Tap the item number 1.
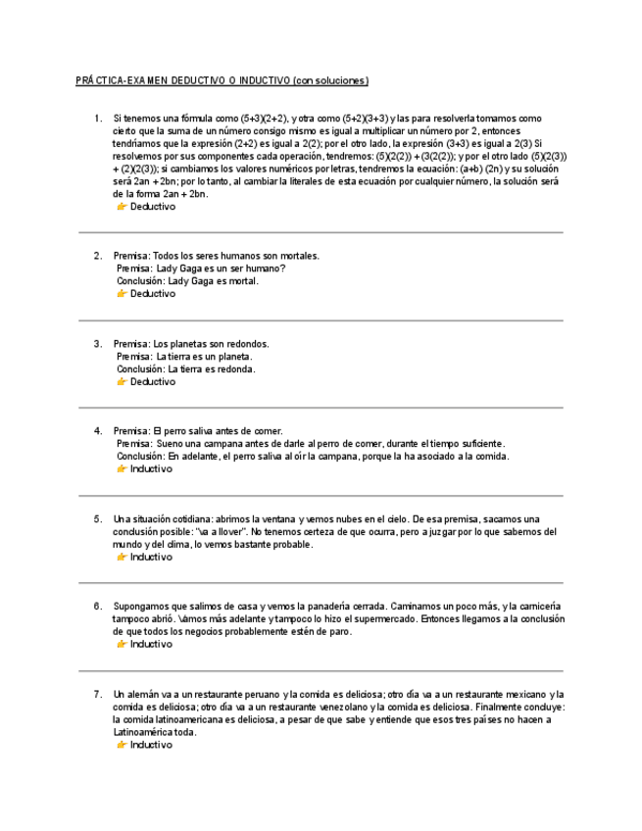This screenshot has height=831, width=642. [98, 119]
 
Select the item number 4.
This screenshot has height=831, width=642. [98, 431]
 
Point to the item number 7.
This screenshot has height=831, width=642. [98, 695]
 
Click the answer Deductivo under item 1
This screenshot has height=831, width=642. [153, 208]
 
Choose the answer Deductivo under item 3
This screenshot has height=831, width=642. [153, 382]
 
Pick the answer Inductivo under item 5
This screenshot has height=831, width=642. [151, 558]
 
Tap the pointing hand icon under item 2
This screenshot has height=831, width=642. [122, 294]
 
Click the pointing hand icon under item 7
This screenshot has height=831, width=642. [122, 746]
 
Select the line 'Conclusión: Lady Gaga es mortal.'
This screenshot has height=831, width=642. [187, 281]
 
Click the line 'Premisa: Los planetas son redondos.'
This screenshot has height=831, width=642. [191, 344]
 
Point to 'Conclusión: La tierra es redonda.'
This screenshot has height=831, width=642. [186, 369]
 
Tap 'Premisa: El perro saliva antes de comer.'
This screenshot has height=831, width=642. [198, 431]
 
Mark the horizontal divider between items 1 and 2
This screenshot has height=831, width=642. [321, 232]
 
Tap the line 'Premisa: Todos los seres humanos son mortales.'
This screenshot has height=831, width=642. [217, 256]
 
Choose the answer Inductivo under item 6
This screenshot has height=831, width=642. [151, 645]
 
